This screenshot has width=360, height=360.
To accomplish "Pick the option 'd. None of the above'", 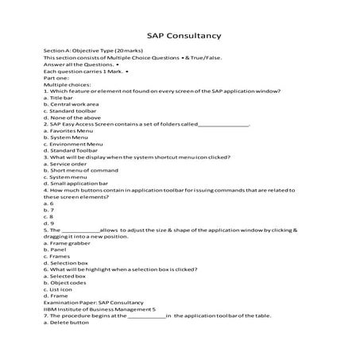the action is (75, 118).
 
